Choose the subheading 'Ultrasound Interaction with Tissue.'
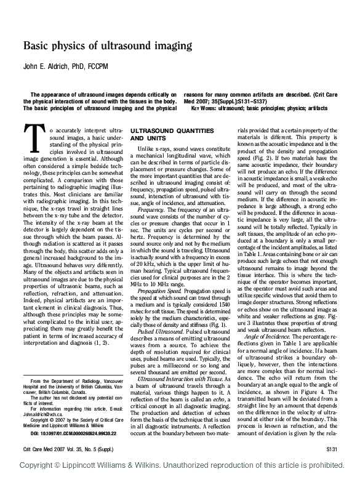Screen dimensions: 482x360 (180, 379)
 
